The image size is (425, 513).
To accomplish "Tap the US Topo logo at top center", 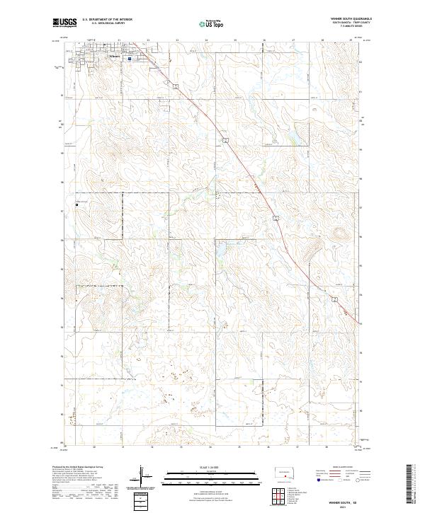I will [212, 23].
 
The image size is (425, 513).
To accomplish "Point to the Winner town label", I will [115, 54].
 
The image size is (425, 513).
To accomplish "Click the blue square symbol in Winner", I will [130, 59].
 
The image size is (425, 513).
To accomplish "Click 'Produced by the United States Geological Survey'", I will [73, 468].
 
